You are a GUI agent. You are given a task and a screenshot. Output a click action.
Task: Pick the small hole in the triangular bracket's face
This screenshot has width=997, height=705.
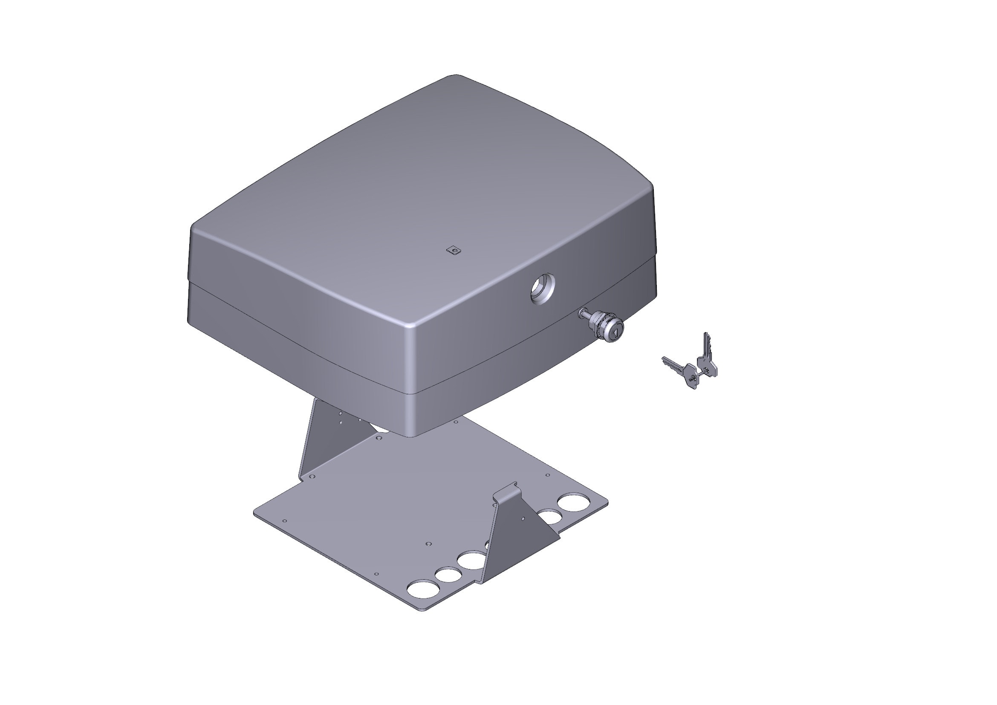pos(523,519)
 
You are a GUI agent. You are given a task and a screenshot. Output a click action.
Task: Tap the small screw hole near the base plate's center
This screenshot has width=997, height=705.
pos(428,543)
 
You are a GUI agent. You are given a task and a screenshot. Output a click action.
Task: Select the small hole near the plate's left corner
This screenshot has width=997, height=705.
pos(285,520)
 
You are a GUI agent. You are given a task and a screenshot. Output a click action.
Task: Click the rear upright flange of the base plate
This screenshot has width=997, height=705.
pos(330,439)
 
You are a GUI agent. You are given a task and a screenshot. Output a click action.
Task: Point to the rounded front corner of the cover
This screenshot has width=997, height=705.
pos(411,330)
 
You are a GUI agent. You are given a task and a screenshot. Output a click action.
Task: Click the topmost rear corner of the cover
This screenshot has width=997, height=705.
pos(454,77)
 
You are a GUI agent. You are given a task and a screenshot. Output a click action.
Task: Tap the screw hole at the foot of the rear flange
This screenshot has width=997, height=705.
pos(311,477)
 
